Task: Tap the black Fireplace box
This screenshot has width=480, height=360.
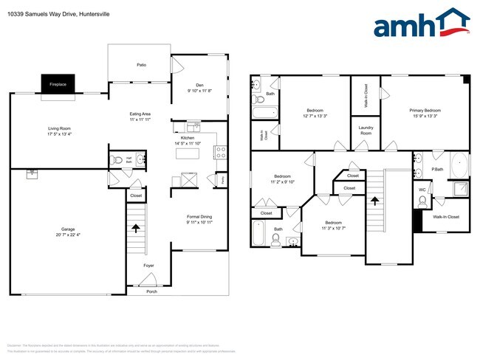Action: (x=58, y=84)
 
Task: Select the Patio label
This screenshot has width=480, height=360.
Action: (x=140, y=65)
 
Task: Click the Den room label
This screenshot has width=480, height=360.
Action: (x=199, y=84)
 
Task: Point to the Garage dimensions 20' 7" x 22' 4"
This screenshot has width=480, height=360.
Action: (x=67, y=235)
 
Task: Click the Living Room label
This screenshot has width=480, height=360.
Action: (x=60, y=128)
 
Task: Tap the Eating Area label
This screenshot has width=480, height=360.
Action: (x=140, y=114)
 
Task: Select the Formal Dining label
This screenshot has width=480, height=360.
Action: (x=199, y=216)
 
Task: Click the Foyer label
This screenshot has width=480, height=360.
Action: (x=148, y=264)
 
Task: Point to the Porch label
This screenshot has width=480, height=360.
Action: (x=151, y=291)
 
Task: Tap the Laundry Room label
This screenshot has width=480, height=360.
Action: (x=366, y=131)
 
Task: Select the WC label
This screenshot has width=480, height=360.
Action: (x=423, y=190)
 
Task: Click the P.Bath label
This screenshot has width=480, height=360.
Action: (x=436, y=170)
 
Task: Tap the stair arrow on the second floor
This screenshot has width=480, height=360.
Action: (x=374, y=199)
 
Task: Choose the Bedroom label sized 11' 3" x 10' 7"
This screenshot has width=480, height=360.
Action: (x=334, y=222)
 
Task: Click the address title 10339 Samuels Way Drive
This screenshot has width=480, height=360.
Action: (x=54, y=13)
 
